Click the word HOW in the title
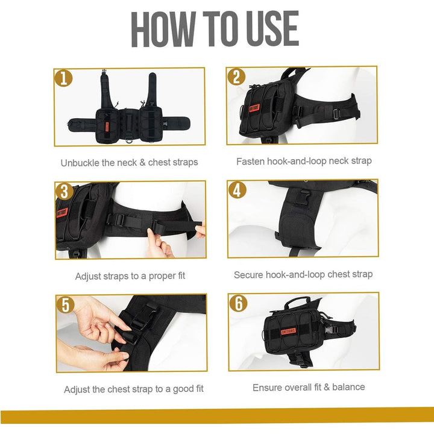click(163, 29)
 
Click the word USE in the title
click(272, 28)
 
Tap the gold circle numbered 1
click(64, 78)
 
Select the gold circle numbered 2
click(236, 77)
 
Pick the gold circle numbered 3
click(64, 191)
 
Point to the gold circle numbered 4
click(237, 190)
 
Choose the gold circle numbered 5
click(65, 304)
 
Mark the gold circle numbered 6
click(238, 303)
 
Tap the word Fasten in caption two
click(250, 162)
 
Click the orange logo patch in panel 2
click(254, 108)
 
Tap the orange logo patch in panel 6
click(288, 331)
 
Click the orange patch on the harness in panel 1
click(107, 127)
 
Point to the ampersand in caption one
click(142, 162)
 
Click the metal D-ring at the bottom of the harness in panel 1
click(129, 140)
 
